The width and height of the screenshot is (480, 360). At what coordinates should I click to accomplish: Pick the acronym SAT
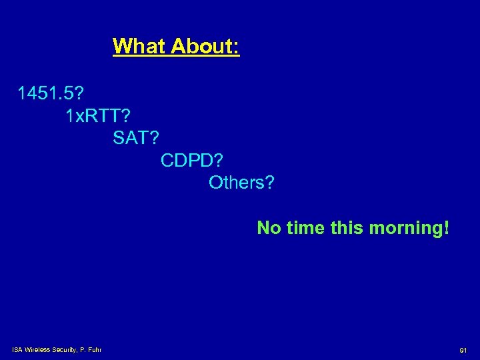[x=131, y=138]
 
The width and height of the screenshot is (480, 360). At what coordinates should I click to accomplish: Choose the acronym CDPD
[x=187, y=160]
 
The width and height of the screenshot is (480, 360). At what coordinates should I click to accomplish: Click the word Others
[x=236, y=182]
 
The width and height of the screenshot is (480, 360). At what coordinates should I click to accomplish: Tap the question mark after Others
[x=269, y=182]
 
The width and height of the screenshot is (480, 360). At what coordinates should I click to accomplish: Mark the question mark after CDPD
[x=221, y=160]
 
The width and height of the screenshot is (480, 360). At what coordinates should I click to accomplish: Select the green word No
[x=269, y=228]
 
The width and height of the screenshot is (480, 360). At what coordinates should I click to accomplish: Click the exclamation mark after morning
[x=446, y=228]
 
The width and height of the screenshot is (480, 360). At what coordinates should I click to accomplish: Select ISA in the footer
[x=17, y=349]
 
